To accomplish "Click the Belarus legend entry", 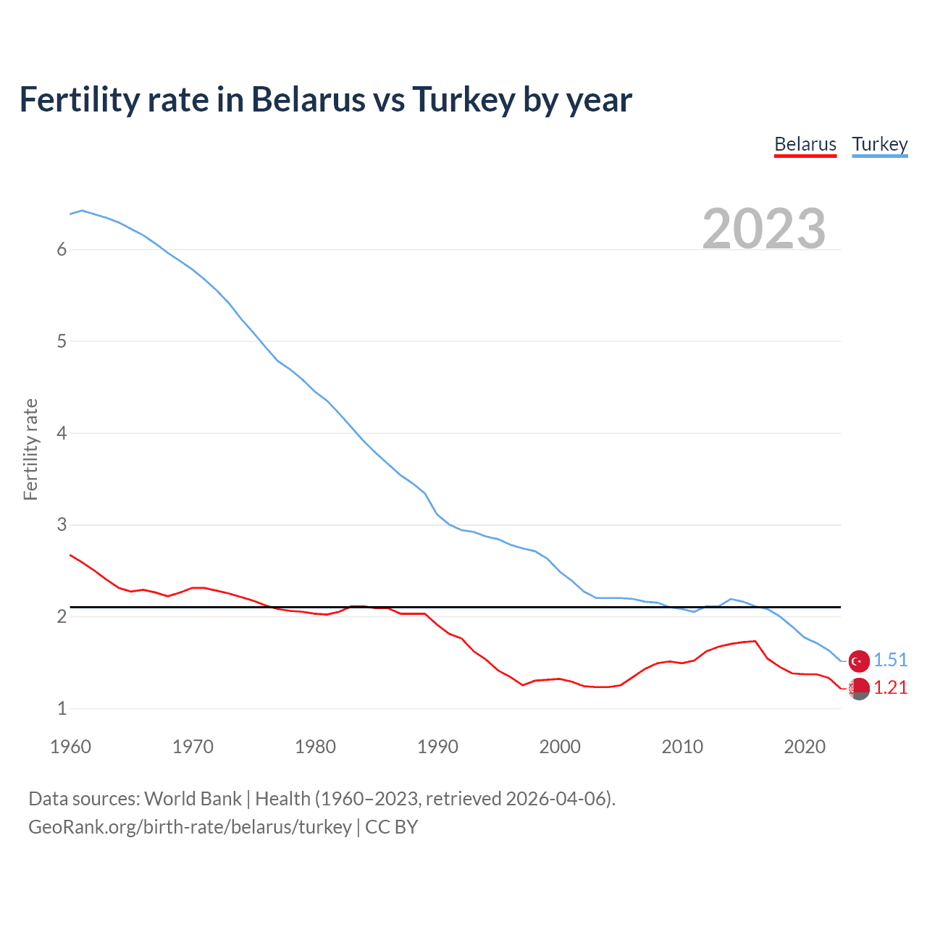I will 805,144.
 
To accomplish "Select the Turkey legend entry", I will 879,144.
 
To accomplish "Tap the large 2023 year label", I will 764,229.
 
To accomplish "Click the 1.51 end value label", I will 890,660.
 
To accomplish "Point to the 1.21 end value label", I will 890,687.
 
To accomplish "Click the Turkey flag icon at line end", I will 859,660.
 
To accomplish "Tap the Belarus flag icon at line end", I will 859,689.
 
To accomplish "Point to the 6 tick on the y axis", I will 62,250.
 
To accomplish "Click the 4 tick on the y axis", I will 62,433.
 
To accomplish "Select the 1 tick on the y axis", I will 62,708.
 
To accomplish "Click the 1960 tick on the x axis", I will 70,747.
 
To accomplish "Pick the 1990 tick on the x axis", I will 437,747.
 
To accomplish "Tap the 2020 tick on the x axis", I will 805,747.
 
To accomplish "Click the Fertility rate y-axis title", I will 30,449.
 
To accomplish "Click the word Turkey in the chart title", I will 463,99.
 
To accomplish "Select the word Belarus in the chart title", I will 308,99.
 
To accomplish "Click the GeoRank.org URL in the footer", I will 190,827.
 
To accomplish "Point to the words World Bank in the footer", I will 193,799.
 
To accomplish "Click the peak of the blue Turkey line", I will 82,210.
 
